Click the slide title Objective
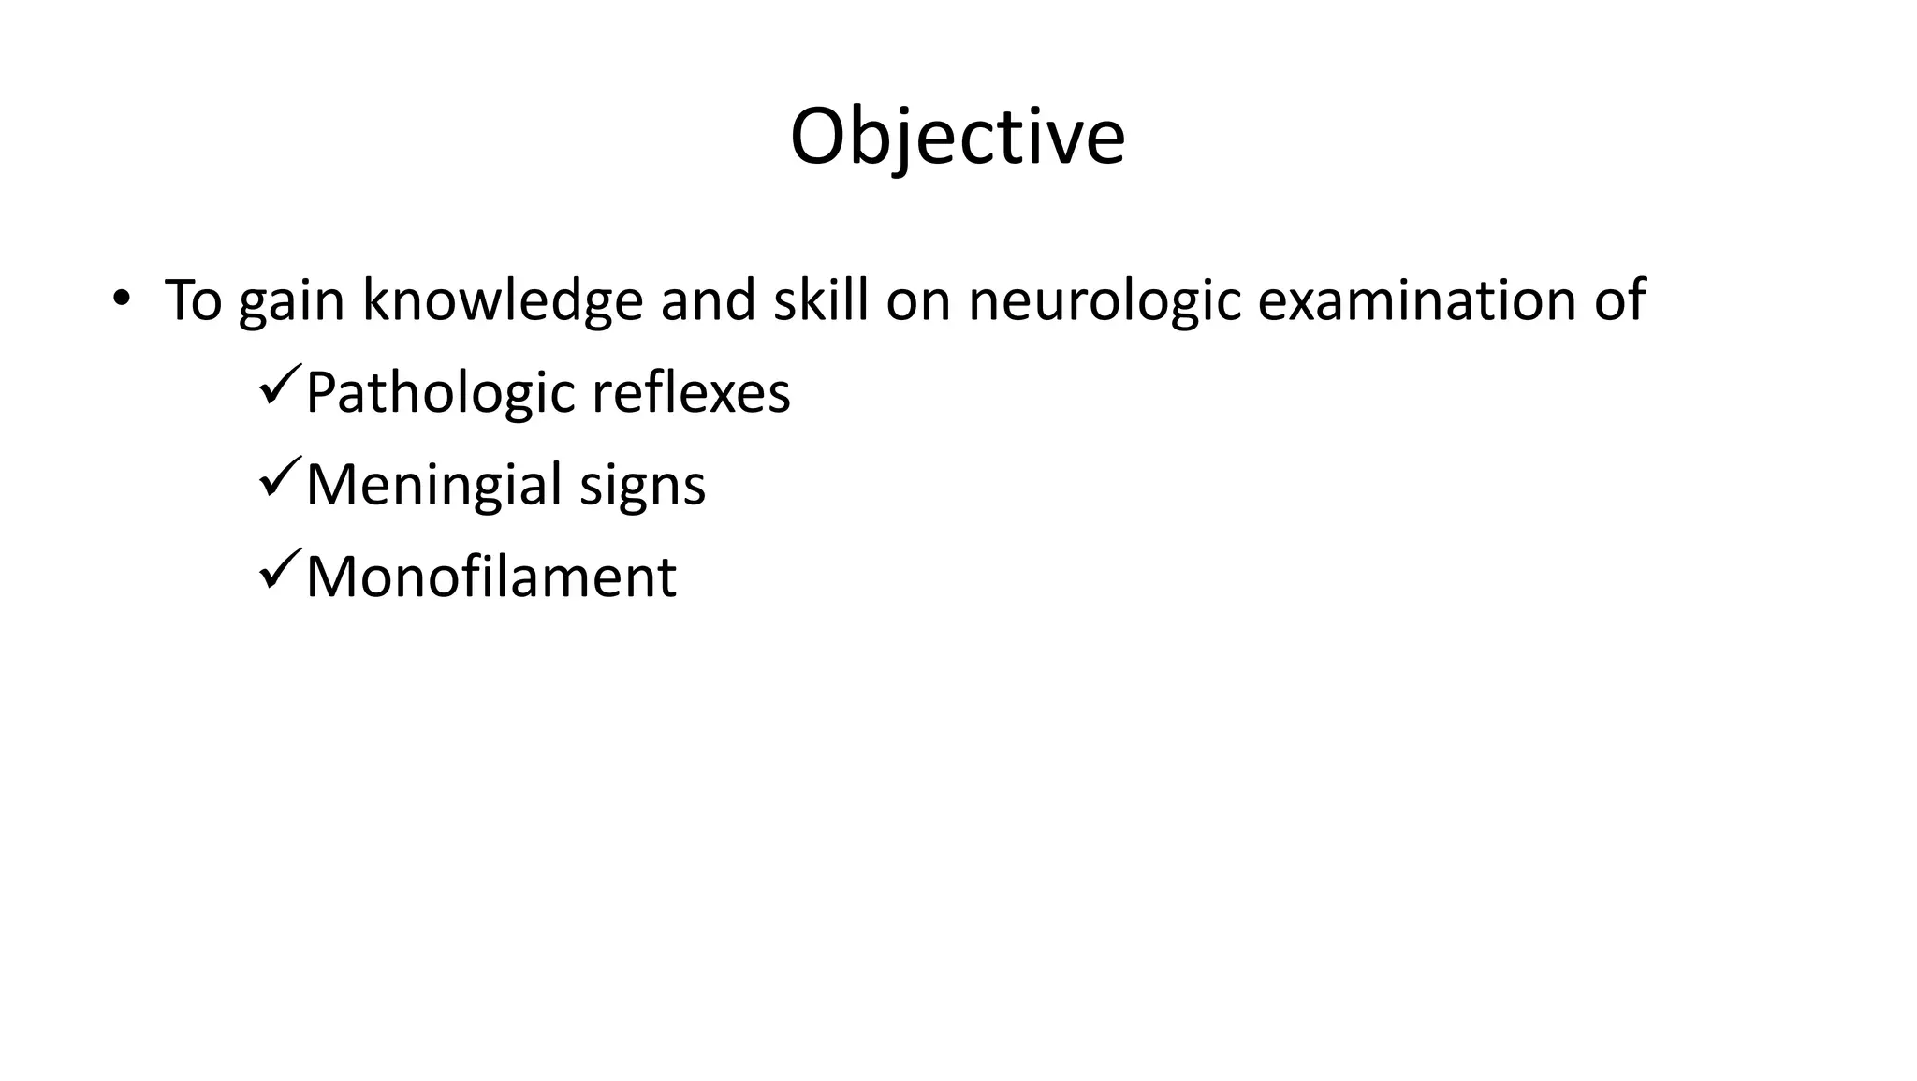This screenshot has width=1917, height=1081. point(957,138)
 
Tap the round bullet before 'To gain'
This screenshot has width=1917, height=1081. point(120,299)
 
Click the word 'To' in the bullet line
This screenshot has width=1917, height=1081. point(193,300)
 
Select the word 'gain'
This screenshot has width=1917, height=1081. point(291,302)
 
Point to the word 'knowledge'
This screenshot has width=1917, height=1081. point(503,300)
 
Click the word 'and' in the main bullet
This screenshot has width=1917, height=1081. point(708,300)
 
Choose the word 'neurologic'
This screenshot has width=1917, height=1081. point(1105,300)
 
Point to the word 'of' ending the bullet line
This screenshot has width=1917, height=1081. point(1618,300)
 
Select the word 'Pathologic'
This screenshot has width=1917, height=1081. point(440,393)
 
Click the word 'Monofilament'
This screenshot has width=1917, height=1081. point(490,577)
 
